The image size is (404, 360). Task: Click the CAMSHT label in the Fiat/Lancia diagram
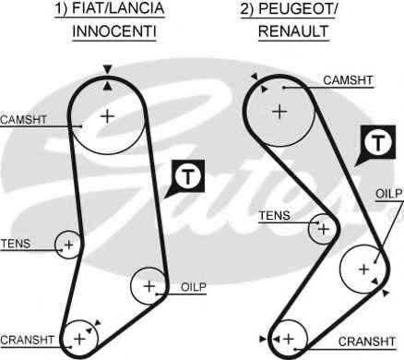(23, 120)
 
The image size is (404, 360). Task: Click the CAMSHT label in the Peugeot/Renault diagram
(348, 80)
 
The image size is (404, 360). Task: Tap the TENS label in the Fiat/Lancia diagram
(16, 244)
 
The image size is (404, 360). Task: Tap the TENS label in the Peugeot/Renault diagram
(275, 216)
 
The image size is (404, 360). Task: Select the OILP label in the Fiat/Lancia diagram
(194, 287)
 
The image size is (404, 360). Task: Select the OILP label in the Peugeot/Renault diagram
(389, 194)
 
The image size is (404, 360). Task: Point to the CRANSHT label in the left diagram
(27, 340)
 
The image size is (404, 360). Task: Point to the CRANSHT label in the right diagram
(367, 342)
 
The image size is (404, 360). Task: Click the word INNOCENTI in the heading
(114, 31)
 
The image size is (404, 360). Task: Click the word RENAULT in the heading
(293, 31)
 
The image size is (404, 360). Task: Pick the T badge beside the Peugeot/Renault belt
(376, 144)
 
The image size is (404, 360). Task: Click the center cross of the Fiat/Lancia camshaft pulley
(108, 116)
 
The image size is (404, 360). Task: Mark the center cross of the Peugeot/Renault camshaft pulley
(279, 112)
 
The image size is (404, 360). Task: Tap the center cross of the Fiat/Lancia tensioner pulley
(69, 245)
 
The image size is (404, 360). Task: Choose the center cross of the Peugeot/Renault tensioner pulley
(324, 229)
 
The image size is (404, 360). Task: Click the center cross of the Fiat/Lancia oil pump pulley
(149, 286)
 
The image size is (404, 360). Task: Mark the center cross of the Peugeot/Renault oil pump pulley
(364, 270)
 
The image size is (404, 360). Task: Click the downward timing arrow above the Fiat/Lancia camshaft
(107, 69)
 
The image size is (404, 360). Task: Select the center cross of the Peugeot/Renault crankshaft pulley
(289, 339)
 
